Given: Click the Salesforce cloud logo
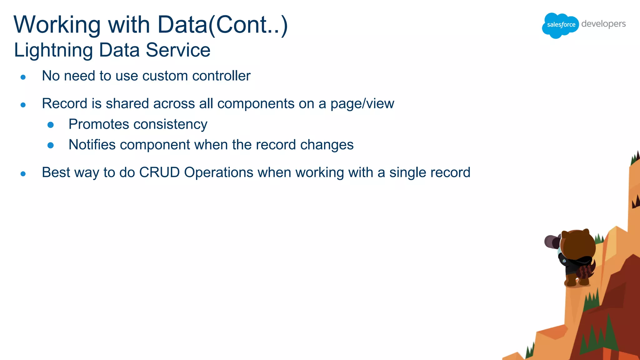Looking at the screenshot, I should point(560,25).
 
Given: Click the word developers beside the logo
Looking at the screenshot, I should point(603,24).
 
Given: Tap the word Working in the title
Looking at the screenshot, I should point(57,25).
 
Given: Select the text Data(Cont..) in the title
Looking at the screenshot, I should point(222,25).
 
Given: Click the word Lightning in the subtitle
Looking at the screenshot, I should point(53,50).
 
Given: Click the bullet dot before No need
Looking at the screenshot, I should point(23,77).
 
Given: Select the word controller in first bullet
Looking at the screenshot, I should point(221,76).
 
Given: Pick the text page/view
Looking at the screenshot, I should point(362,104).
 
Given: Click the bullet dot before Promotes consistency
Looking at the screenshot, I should point(51,125).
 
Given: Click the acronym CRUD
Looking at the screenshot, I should point(159,172).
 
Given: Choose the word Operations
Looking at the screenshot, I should point(219,172).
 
